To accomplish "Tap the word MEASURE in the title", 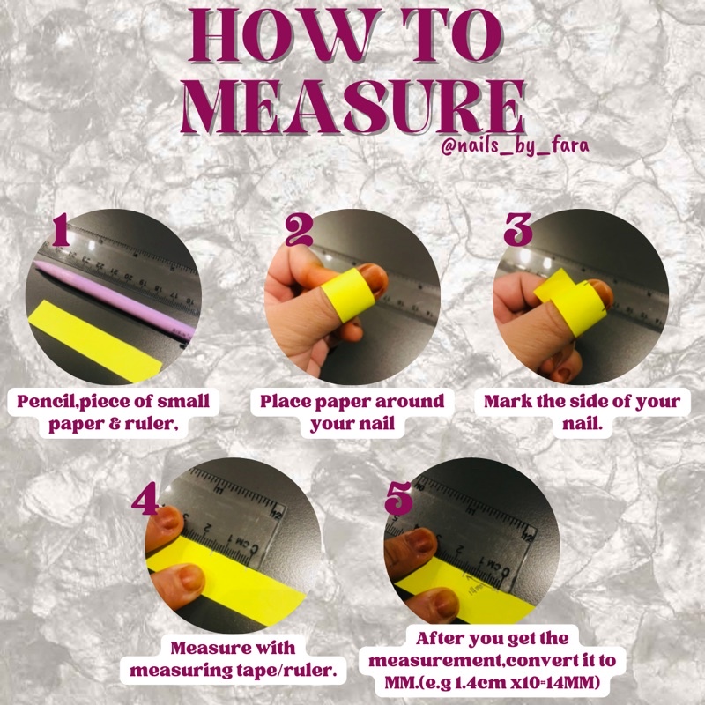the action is (x=353, y=107).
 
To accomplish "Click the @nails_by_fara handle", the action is (x=515, y=146).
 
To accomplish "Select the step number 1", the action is (x=60, y=230).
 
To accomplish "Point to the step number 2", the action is (x=299, y=230).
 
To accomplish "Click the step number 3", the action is (x=518, y=230).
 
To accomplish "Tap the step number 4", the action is (x=145, y=498).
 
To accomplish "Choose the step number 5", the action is (x=398, y=498).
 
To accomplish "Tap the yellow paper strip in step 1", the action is (x=94, y=340).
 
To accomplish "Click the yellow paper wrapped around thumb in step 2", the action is (x=348, y=294).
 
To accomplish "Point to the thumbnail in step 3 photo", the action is (x=599, y=293).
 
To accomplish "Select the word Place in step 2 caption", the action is (x=285, y=402).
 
